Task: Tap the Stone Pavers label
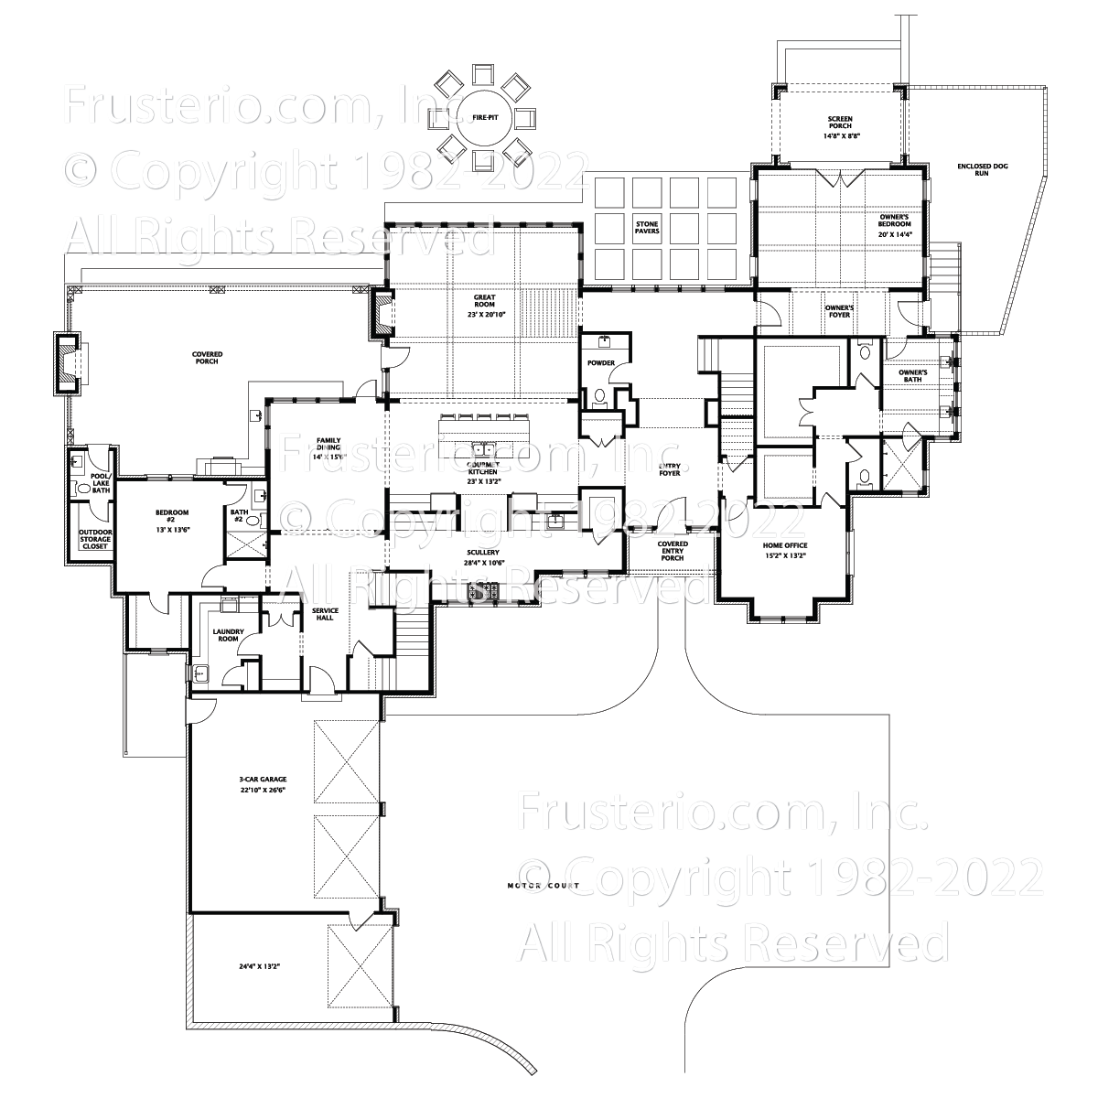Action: click(x=647, y=227)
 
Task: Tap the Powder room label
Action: click(x=601, y=363)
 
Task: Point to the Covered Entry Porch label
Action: click(x=673, y=551)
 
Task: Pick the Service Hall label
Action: click(x=325, y=614)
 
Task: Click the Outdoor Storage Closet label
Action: click(x=95, y=539)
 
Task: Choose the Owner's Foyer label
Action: click(x=838, y=312)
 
